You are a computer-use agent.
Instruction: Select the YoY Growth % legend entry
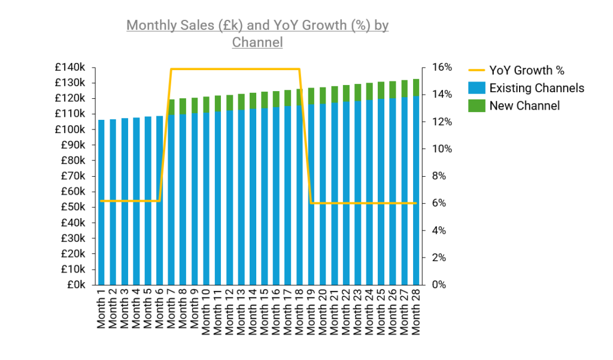tap(526, 71)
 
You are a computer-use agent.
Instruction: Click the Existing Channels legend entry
tap(536, 88)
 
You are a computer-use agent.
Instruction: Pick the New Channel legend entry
tap(524, 106)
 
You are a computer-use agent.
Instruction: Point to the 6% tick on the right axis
tap(437, 203)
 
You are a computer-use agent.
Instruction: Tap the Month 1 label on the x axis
tap(102, 309)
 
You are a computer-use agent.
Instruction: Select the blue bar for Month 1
tap(102, 204)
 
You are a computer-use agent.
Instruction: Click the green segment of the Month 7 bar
tap(172, 107)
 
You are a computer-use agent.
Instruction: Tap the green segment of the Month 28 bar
tap(416, 87)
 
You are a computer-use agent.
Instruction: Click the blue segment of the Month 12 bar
tap(230, 198)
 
